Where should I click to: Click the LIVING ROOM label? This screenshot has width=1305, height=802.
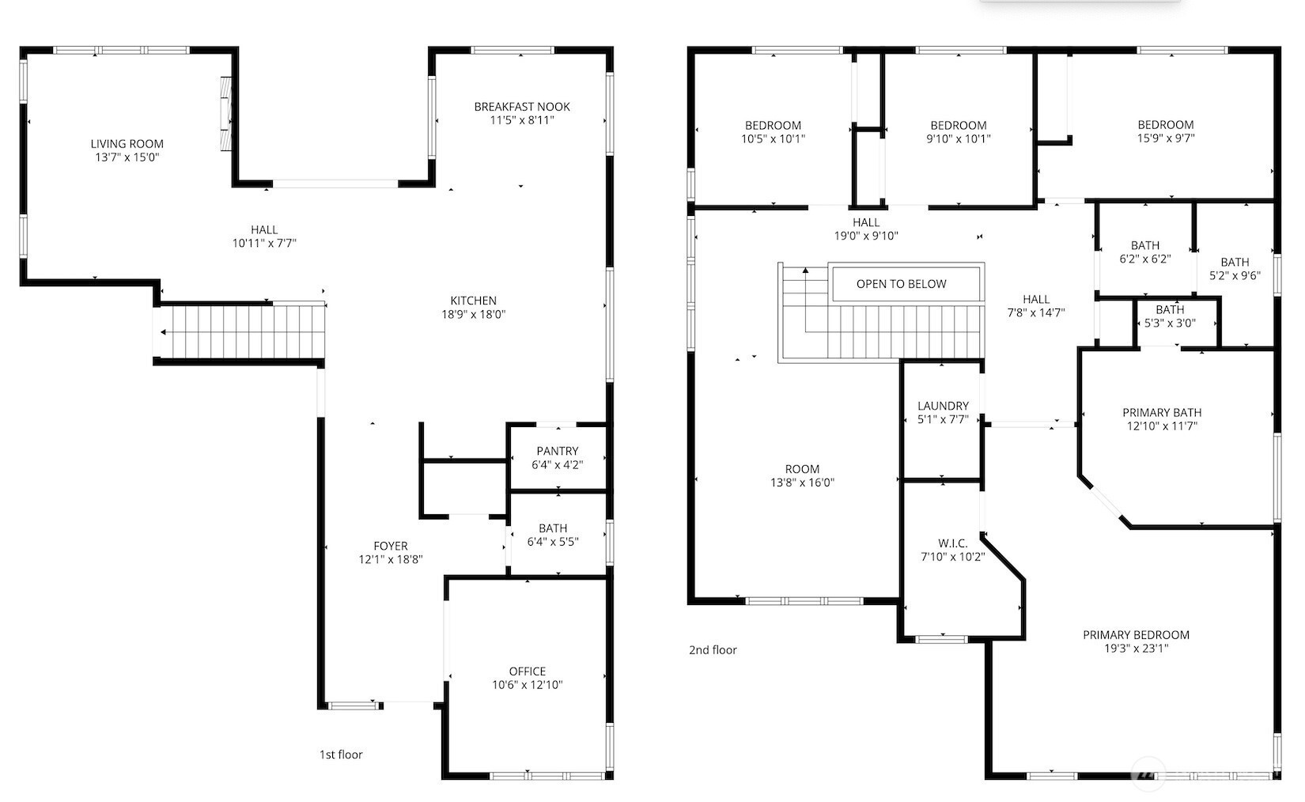pos(127,144)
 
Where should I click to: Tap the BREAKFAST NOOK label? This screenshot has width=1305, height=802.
pos(522,107)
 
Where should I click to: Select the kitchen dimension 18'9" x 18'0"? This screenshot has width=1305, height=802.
pos(474,315)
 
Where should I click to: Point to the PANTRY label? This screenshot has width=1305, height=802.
pos(558,451)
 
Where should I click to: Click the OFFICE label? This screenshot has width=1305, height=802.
pos(528,671)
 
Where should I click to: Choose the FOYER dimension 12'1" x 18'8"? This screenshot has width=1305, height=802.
pos(391,560)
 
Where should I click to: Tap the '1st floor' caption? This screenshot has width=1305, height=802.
pos(341,755)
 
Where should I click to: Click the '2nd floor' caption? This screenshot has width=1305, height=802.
pos(713,649)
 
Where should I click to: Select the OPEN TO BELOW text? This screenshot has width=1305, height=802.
pos(902,284)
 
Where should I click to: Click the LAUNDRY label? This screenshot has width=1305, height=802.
pos(944,406)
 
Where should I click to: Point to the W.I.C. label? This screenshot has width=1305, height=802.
pos(952,543)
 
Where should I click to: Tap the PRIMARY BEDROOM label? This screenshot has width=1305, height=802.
pos(1136,635)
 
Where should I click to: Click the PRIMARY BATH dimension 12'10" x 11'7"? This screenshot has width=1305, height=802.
pos(1163,426)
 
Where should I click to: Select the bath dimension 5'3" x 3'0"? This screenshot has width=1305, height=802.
pos(1170,323)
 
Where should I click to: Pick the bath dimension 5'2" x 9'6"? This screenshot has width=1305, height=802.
pos(1235,275)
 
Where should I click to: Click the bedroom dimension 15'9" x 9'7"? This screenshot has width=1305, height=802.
pos(1166,138)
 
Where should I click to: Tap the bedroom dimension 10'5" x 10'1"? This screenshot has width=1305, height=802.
pos(773,138)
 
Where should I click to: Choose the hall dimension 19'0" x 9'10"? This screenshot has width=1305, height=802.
pos(866,236)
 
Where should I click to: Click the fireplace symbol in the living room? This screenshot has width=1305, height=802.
pos(226,114)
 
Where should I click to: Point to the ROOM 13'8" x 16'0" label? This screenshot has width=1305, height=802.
pos(802,475)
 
